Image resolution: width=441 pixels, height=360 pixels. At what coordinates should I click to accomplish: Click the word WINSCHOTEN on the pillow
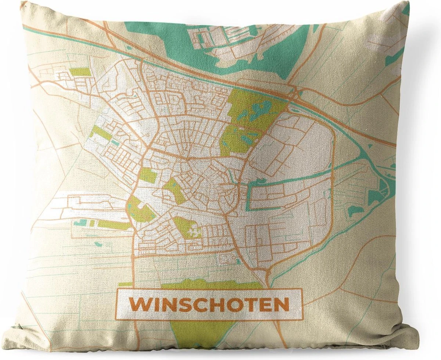(209, 305)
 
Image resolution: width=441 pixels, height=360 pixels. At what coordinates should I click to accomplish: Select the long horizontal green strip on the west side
(110, 224)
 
